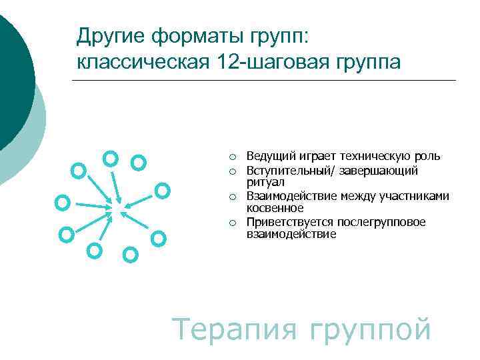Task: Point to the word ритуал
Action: [x=265, y=181]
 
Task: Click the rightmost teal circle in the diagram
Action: [x=162, y=191]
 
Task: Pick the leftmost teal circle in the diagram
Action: [x=63, y=201]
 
